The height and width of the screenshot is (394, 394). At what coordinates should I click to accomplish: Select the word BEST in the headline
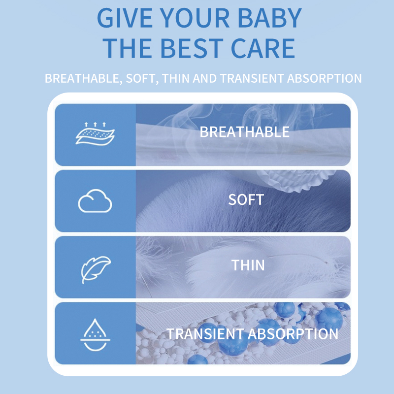point(192,48)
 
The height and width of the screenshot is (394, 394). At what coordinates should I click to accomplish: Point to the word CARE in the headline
point(263,48)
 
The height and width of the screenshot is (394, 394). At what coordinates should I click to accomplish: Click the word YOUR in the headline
point(195,18)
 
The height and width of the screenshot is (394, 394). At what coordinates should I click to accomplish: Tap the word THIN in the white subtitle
point(176,78)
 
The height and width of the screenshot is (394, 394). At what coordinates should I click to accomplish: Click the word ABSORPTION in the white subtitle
point(325,78)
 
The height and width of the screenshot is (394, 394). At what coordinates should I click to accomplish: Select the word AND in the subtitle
point(204,78)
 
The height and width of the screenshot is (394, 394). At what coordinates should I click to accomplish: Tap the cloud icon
point(95,201)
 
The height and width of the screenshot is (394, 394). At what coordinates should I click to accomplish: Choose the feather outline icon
point(96,270)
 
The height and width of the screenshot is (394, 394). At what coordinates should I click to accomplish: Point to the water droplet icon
point(95,335)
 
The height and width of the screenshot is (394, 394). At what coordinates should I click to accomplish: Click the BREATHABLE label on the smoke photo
point(244,131)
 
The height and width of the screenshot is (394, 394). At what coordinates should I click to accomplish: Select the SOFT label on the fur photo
point(246,200)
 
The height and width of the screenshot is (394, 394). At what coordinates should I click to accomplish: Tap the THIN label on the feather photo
point(248,265)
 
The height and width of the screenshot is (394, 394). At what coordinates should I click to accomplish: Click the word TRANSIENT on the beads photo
point(205,334)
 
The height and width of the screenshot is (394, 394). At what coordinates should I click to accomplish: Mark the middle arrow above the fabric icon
point(95,125)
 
